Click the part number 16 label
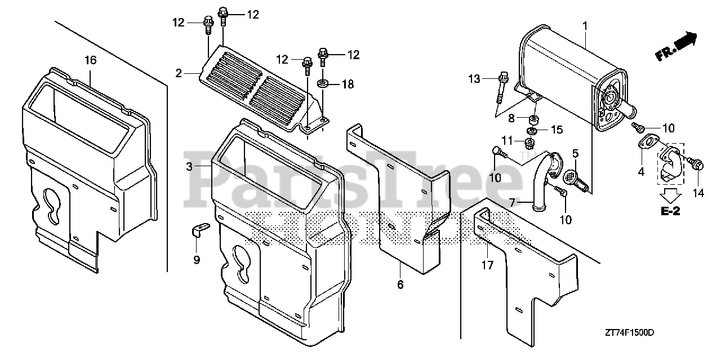tap(91, 60)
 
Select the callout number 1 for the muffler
tap(585, 25)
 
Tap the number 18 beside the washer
tap(348, 85)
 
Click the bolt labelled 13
tap(501, 87)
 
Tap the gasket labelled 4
tap(649, 142)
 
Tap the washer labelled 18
tap(324, 84)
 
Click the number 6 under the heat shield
tap(400, 285)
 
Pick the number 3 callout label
tap(190, 166)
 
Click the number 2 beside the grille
tap(179, 73)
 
